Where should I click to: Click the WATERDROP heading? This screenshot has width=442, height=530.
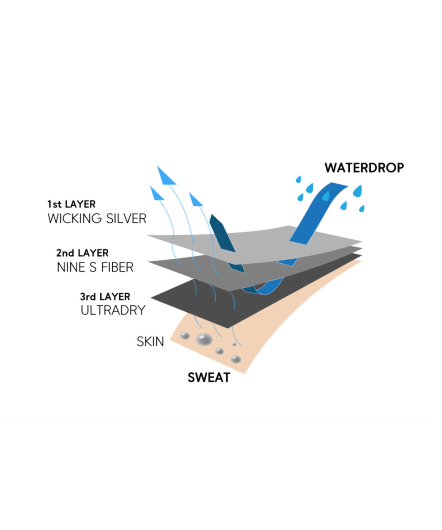[x=364, y=168]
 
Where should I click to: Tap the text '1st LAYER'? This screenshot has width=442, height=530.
[x=71, y=204]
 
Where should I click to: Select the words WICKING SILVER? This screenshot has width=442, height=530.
[x=97, y=219]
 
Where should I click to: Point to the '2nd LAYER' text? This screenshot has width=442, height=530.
[x=82, y=253]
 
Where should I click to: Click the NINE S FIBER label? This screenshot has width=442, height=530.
[x=95, y=268]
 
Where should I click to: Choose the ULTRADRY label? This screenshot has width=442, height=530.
[x=113, y=310]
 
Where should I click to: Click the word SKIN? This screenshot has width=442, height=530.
[x=150, y=341]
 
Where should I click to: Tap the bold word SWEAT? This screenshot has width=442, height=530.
[x=209, y=378]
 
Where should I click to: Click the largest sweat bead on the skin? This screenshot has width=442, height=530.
[x=204, y=339]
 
